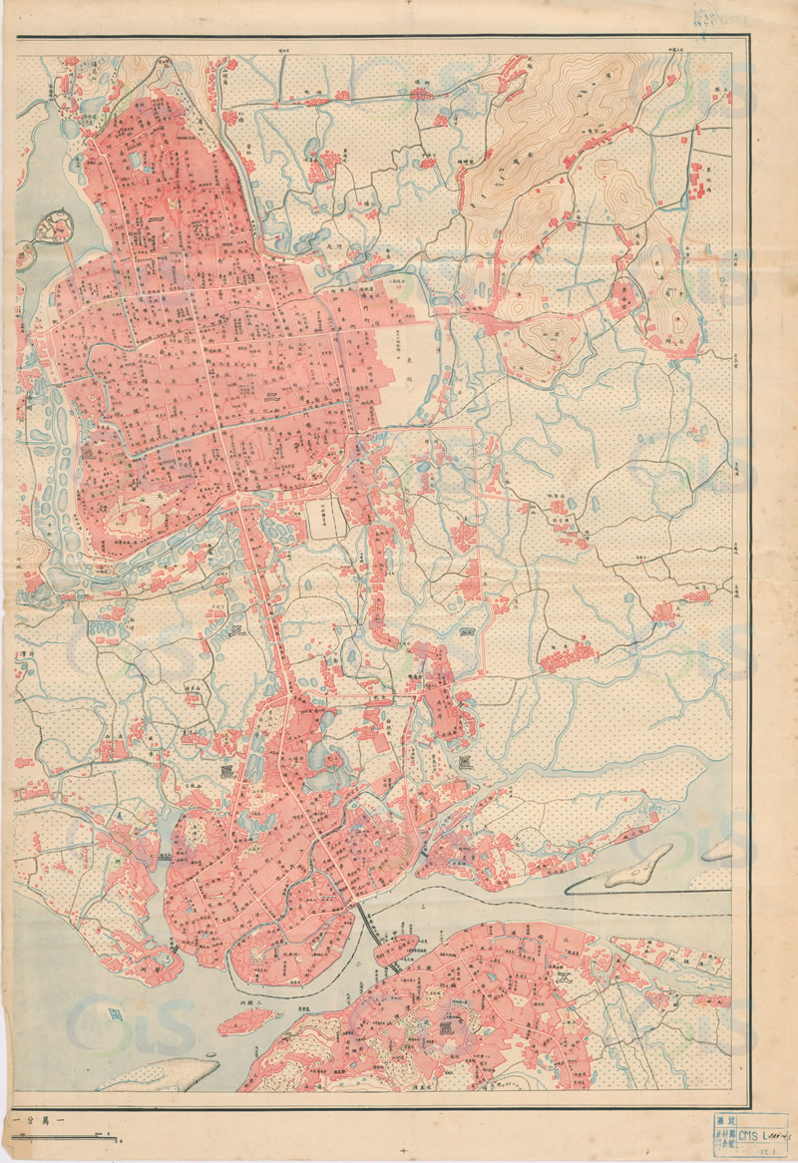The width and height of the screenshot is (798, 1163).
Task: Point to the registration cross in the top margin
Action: tap(404, 5)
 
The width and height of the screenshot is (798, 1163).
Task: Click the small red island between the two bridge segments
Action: tap(395, 949)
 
